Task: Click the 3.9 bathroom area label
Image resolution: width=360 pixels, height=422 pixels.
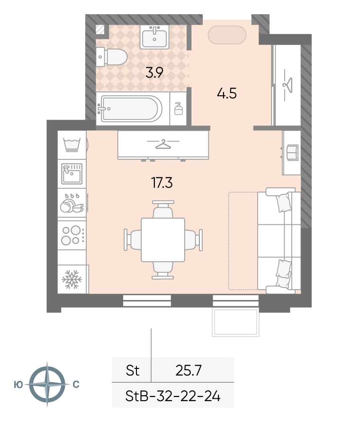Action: [154, 73]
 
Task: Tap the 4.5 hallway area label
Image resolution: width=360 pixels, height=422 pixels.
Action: [226, 93]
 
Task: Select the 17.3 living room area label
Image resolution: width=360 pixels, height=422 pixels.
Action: [162, 183]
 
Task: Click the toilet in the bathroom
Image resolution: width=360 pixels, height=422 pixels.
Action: [112, 57]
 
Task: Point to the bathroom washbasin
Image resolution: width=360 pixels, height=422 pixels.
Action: [154, 37]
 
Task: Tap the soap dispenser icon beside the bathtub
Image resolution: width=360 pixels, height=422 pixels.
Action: [179, 109]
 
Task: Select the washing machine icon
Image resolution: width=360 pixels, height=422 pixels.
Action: [72, 145]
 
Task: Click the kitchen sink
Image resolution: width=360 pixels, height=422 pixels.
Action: [72, 174]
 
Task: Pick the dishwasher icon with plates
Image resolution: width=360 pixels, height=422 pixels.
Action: [72, 203]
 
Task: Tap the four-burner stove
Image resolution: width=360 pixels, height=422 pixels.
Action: [72, 235]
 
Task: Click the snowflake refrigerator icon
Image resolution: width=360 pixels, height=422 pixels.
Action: [72, 279]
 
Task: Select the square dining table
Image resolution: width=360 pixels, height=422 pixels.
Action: [163, 240]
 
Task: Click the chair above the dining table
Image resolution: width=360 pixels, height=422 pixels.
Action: [163, 209]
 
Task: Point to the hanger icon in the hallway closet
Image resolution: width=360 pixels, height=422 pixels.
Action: [288, 85]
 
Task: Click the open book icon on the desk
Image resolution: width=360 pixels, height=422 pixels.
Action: [292, 153]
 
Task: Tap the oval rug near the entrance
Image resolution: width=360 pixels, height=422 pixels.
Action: [227, 35]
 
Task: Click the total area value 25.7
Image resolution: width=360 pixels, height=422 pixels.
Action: [189, 370]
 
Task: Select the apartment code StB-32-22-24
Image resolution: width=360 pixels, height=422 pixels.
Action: [173, 396]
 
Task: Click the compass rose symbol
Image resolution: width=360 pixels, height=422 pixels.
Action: [47, 384]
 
